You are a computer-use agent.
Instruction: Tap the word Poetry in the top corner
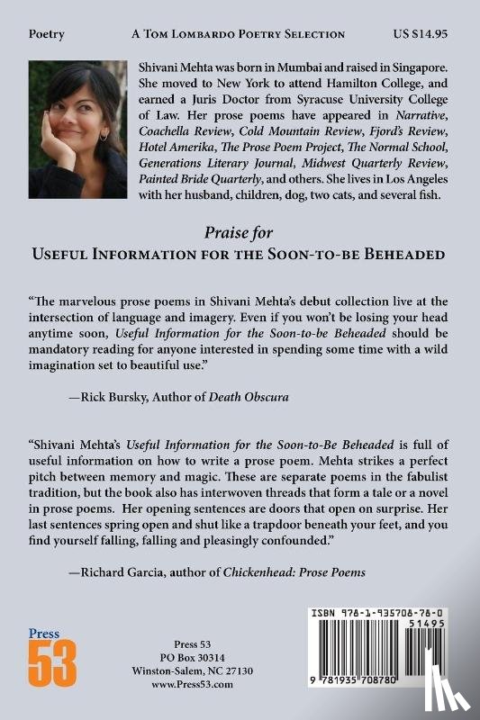[x=47, y=33]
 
